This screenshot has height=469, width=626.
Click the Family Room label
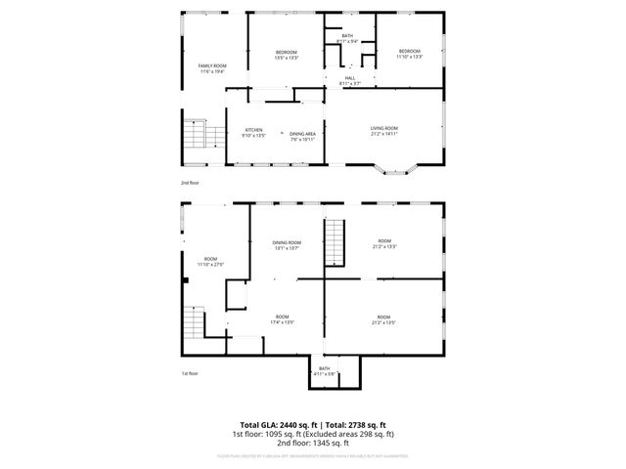(212, 65)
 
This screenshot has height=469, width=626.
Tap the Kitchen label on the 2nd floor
(254, 130)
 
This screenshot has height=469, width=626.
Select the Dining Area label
(302, 134)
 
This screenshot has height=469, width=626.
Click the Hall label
(350, 79)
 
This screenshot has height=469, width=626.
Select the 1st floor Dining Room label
(287, 242)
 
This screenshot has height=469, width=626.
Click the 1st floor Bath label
(324, 368)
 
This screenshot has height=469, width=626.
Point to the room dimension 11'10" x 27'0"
(210, 264)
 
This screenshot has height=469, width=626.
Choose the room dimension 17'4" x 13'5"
(282, 321)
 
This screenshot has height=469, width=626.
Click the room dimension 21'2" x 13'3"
(384, 247)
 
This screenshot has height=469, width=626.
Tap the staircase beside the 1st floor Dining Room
(335, 241)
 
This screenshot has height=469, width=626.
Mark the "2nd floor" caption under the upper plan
(190, 183)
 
